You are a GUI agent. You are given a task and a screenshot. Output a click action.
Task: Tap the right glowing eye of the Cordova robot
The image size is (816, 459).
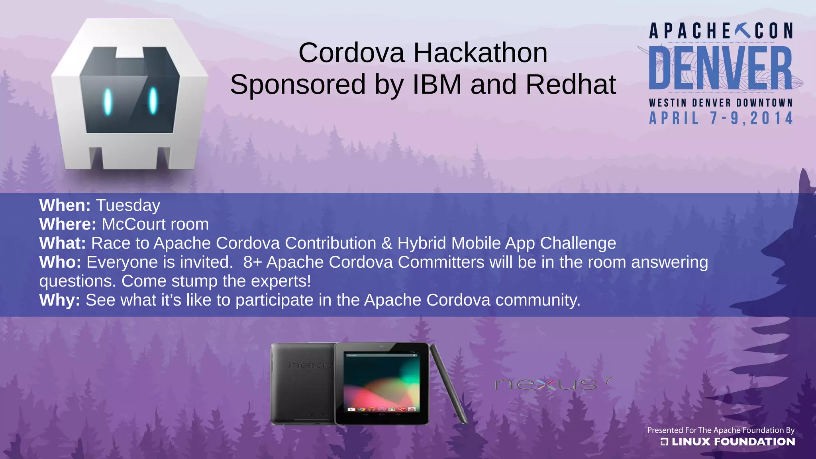[x=153, y=100]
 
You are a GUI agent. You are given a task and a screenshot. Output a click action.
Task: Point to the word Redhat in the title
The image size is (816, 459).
[x=571, y=84]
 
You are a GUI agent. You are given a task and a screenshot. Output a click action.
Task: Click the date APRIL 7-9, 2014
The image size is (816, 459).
[x=721, y=118]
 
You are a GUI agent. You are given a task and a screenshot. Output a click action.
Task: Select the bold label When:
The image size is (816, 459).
[x=65, y=206]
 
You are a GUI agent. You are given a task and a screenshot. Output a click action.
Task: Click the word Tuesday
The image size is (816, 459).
[x=128, y=206]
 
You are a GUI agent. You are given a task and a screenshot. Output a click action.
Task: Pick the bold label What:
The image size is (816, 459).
[x=63, y=243]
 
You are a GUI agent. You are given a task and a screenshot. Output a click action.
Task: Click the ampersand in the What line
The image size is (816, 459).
[x=386, y=243]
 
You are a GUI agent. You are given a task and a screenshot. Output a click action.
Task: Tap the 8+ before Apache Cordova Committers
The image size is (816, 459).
[x=252, y=262]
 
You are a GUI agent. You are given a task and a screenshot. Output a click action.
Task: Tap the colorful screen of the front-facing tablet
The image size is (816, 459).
[x=381, y=384]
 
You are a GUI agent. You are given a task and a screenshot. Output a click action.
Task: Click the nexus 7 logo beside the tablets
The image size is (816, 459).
[x=552, y=384]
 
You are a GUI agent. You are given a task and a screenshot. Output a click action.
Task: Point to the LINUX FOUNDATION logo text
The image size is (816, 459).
[x=732, y=441]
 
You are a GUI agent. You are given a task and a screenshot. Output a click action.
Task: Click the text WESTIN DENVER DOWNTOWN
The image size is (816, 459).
[x=720, y=103]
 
